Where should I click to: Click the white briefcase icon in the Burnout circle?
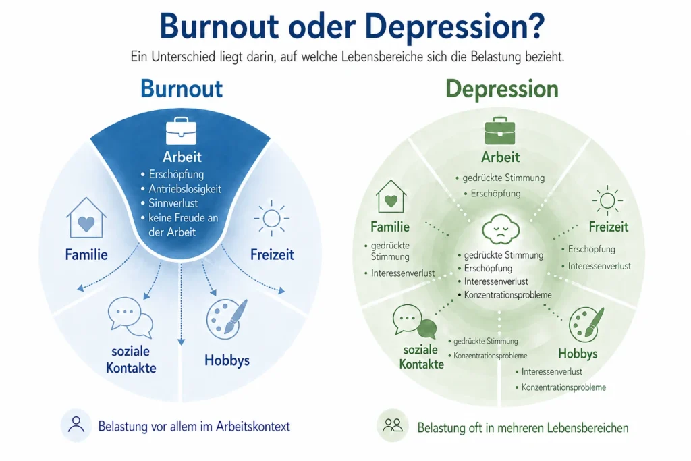point(181,131)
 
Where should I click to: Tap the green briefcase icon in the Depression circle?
point(500,131)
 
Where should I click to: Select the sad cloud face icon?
point(501,229)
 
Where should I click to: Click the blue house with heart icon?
point(86,218)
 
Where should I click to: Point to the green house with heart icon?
point(391,196)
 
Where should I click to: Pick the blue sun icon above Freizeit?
point(271,218)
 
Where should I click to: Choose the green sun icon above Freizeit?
point(607,200)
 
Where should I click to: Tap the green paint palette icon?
point(586,325)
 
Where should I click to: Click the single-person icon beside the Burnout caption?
point(76,425)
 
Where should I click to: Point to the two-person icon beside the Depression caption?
point(393,425)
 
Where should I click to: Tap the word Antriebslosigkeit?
point(185,188)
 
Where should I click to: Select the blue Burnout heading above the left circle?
point(182,88)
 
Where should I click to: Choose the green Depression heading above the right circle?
point(502,90)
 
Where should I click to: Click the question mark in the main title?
point(536,26)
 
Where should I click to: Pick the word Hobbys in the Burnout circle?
point(227,360)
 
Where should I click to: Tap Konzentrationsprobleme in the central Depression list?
point(507,295)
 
